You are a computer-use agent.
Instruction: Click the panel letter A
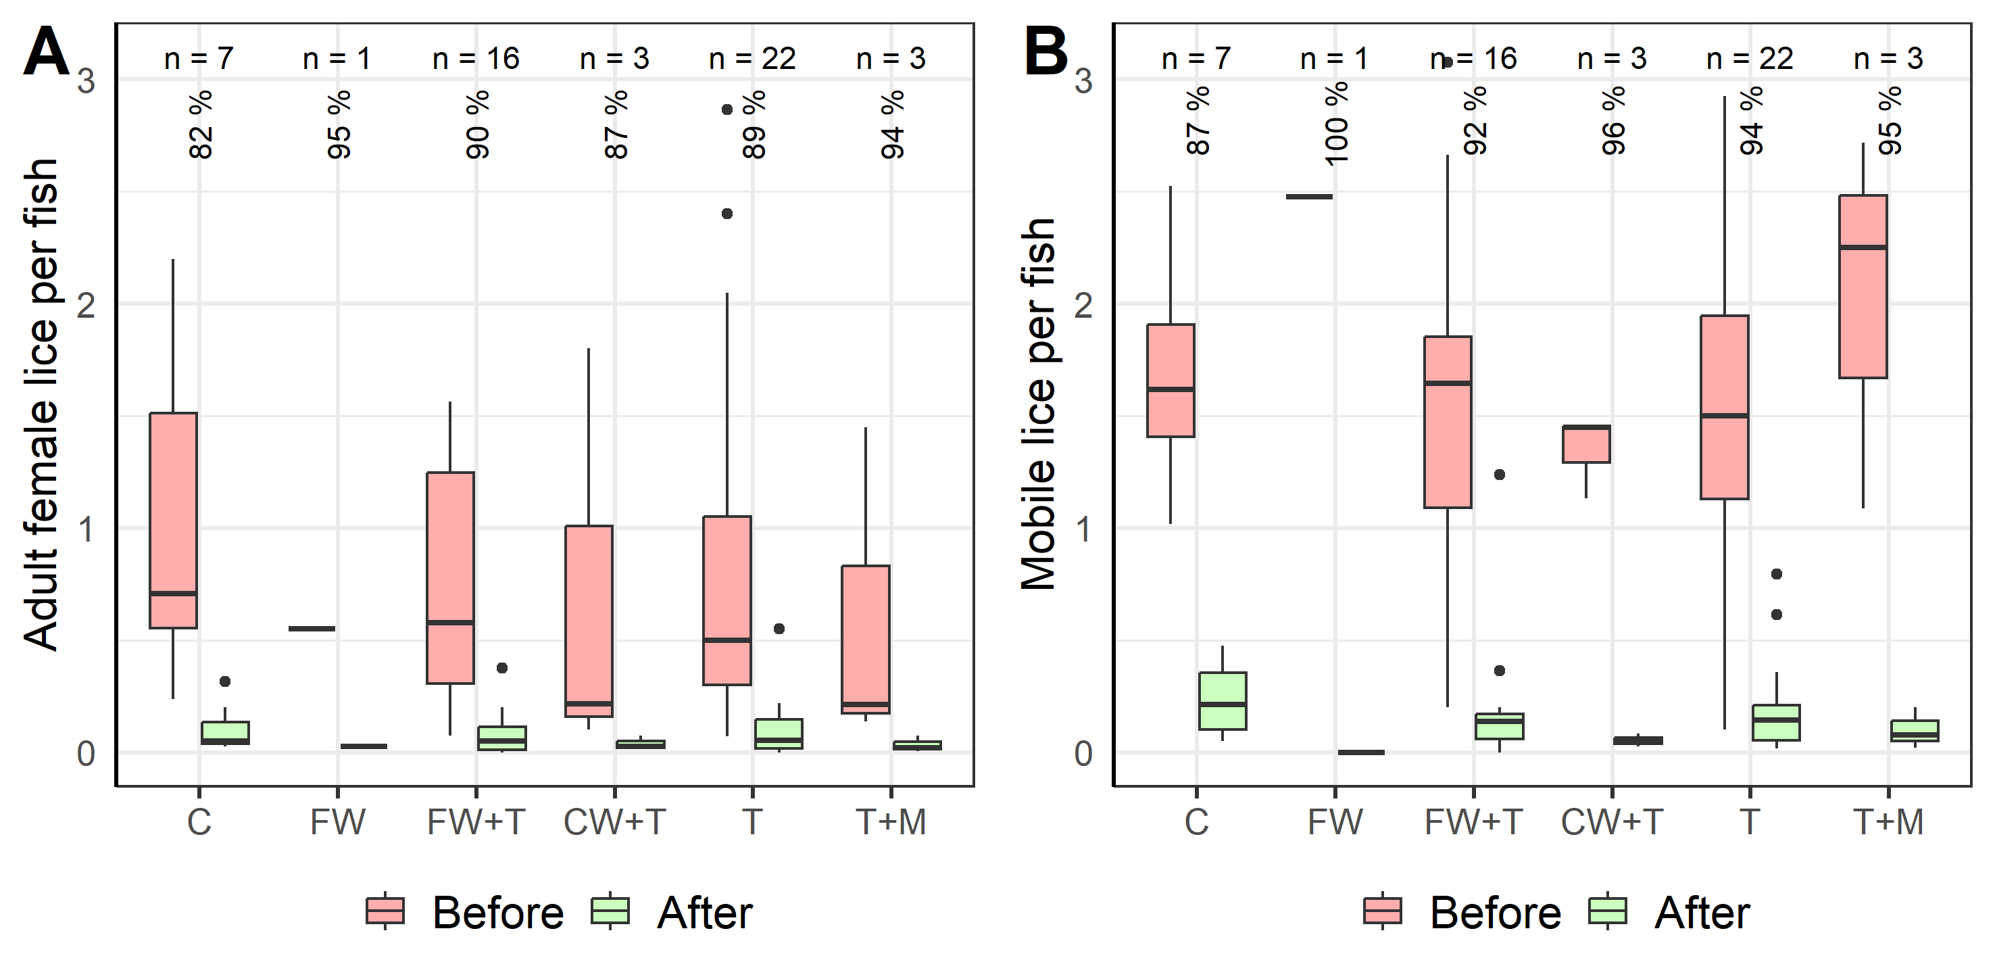(47, 52)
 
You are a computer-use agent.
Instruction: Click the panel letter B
(1045, 52)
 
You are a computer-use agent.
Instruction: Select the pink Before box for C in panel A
(173, 519)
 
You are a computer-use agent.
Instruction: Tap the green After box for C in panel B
(1222, 700)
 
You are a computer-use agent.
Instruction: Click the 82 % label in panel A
(201, 124)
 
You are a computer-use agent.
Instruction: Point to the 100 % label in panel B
(1337, 124)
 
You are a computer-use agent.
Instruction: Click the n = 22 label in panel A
(752, 59)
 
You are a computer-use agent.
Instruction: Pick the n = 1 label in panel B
(1333, 59)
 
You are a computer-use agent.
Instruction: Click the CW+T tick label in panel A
(614, 821)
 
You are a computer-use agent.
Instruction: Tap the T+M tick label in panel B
(1888, 821)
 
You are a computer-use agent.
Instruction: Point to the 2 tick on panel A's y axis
(86, 305)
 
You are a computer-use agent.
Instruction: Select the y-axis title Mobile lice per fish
(1039, 403)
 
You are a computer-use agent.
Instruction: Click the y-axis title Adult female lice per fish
(41, 403)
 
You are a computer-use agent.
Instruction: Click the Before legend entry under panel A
(465, 911)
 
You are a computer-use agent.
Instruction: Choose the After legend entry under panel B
(1669, 911)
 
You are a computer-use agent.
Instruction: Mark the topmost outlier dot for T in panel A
(726, 110)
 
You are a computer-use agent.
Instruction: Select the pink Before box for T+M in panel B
(1863, 287)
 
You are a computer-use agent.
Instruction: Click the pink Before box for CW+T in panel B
(1586, 444)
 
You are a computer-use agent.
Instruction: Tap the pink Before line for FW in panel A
(312, 628)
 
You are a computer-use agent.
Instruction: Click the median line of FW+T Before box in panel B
(1448, 383)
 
